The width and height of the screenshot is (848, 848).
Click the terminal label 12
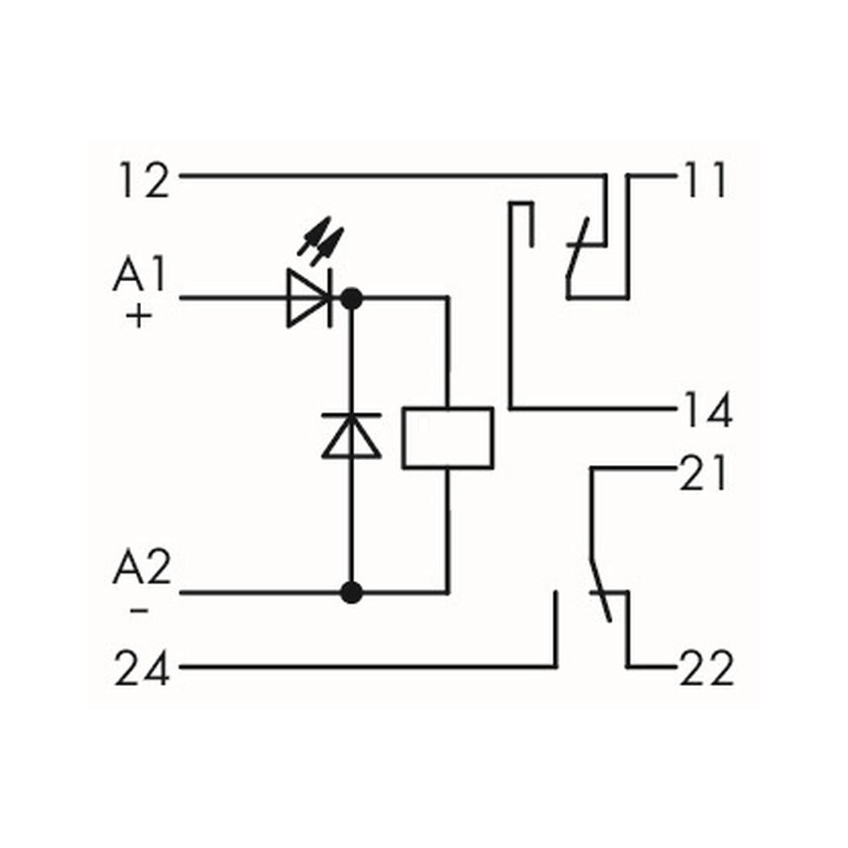click(144, 181)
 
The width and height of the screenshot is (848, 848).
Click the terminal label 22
click(706, 670)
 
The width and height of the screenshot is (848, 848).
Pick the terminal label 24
click(143, 671)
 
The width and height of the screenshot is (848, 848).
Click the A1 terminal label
click(140, 276)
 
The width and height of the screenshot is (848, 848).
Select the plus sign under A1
click(139, 317)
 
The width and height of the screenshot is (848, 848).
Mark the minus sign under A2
click(139, 610)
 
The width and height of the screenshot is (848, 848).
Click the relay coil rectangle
click(447, 437)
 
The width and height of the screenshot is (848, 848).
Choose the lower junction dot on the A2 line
click(352, 593)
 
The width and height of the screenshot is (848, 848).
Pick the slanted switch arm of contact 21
click(601, 588)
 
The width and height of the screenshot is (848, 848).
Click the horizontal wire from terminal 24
click(361, 667)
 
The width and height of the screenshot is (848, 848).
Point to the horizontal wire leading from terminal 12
click(386, 176)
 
